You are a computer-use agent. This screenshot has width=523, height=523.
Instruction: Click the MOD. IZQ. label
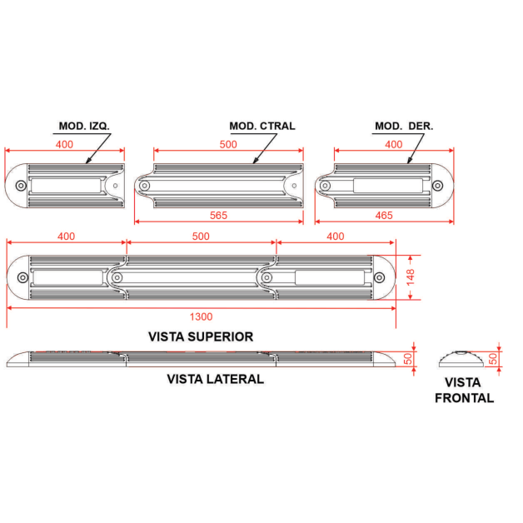coord(84,126)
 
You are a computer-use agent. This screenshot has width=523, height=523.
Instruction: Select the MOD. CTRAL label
coord(262,126)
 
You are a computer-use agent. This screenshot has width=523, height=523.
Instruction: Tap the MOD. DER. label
coord(404,126)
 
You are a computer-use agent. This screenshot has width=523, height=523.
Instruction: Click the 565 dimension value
coord(218,216)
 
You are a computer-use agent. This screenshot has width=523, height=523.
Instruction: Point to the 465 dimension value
coord(384,216)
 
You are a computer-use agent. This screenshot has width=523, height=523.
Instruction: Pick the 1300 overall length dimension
coord(202,316)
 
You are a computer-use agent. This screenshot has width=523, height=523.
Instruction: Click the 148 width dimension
coord(411,277)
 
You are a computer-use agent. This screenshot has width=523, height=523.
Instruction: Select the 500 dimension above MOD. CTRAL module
coord(228,144)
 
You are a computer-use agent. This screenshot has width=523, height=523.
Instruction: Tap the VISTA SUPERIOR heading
coord(201,336)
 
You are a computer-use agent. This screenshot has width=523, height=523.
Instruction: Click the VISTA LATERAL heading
coord(216,379)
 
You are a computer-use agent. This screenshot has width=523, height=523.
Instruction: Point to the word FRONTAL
coord(465,398)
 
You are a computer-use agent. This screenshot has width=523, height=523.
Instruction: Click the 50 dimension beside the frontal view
coord(493,359)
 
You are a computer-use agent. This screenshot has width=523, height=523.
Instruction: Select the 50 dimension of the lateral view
coord(408,359)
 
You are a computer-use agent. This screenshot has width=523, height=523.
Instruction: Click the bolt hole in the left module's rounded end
coord(21,186)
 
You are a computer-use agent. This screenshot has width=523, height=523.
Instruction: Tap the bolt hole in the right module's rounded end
coord(437,186)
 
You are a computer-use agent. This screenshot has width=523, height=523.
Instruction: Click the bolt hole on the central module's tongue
coord(144,186)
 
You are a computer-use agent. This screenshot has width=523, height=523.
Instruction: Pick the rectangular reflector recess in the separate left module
coord(66,186)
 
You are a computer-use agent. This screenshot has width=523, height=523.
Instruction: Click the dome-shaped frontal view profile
coord(461,359)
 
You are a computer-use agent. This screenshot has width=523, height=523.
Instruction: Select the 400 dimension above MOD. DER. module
coord(394,144)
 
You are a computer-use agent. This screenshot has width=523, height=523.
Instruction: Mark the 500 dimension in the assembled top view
coord(201,237)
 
